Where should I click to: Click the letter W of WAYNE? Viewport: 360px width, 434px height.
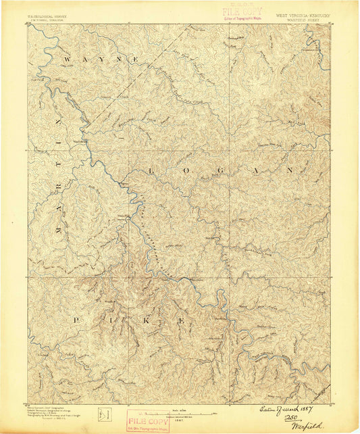point(68,60)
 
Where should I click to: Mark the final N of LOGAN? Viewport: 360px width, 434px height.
point(290,170)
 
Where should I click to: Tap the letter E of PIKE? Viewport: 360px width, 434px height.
point(182,320)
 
